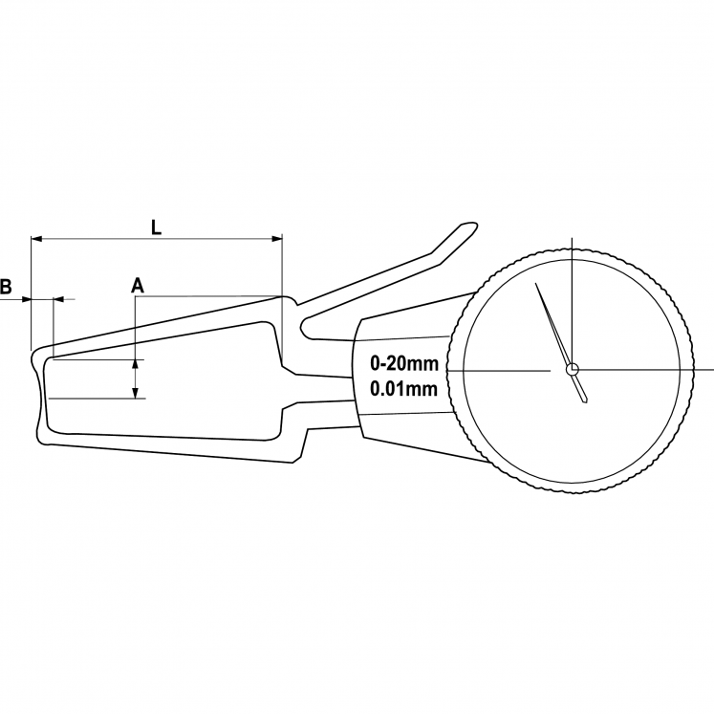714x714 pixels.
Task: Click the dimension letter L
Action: (x=157, y=227)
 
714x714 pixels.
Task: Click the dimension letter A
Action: (x=137, y=285)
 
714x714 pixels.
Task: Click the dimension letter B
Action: (x=6, y=286)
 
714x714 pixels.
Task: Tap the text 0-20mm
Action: (x=403, y=364)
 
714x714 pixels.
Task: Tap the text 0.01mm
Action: (x=403, y=389)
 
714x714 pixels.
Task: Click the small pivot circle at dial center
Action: (x=572, y=369)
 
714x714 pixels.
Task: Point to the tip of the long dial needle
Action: (x=536, y=283)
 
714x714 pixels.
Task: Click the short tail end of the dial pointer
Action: (x=584, y=400)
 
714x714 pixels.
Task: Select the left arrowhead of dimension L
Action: (x=34, y=238)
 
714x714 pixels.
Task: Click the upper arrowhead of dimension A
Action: (x=136, y=364)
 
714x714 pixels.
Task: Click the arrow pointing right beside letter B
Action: (x=26, y=299)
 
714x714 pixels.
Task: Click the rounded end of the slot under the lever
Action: (x=306, y=328)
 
